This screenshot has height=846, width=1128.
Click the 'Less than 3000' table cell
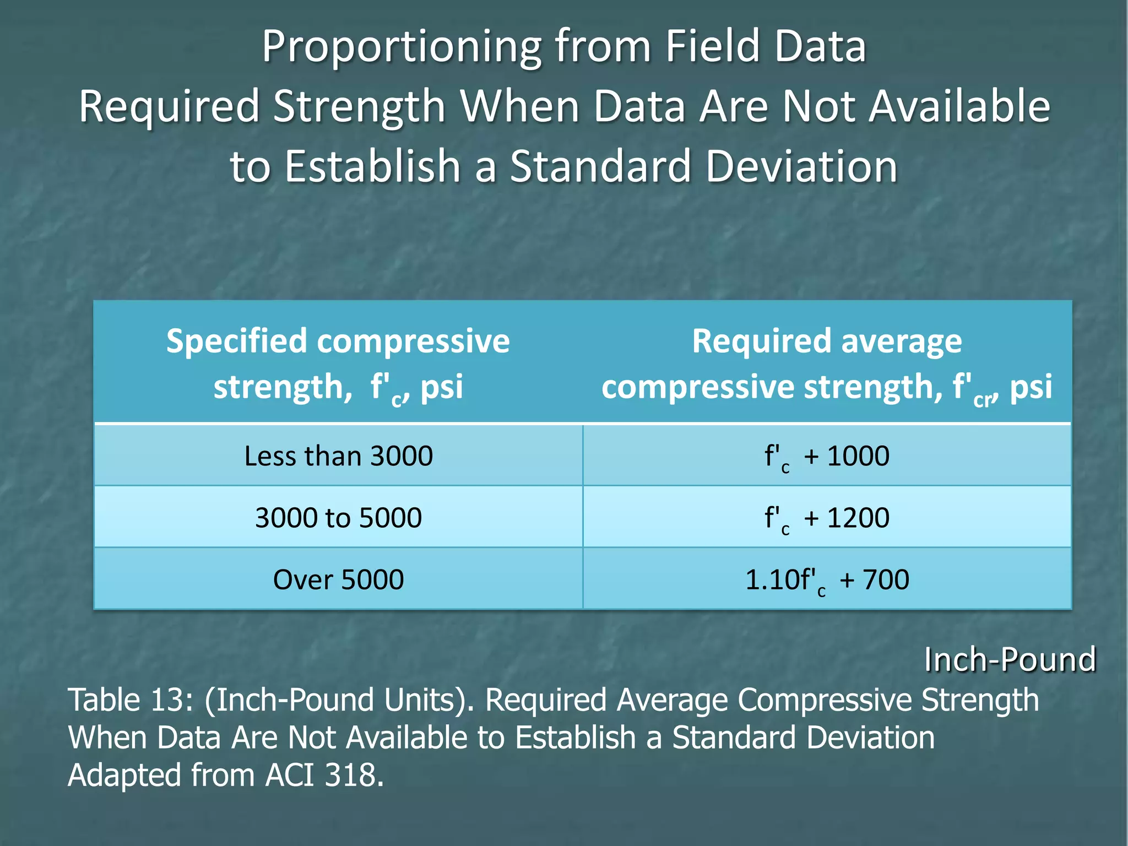[x=338, y=456]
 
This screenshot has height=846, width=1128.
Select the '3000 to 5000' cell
[x=338, y=518]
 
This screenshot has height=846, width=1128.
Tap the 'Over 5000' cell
[x=338, y=579]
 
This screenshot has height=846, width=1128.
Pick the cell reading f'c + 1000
[x=827, y=456]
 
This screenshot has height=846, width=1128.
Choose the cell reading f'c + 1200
[x=827, y=518]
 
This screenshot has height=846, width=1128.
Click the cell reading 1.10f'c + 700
[x=827, y=579]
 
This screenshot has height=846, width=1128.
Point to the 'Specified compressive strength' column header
[x=338, y=364]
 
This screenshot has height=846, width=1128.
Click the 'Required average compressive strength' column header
[x=827, y=364]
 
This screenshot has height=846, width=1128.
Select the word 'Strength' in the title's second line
[x=359, y=106]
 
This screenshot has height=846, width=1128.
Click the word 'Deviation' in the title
[x=801, y=166]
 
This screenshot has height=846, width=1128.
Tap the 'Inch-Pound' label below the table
[x=1010, y=659]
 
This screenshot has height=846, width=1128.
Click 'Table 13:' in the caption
[x=130, y=700]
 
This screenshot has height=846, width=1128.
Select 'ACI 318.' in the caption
[x=324, y=775]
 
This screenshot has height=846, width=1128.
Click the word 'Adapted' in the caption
[x=124, y=775]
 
